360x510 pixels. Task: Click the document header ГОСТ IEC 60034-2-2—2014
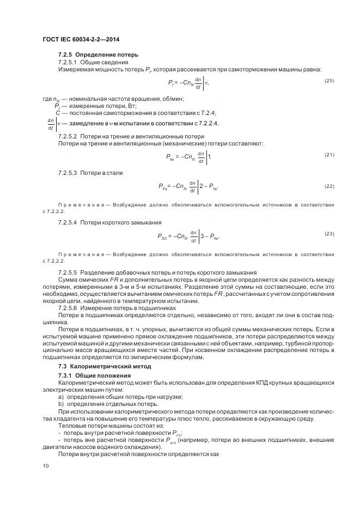click(x=81, y=39)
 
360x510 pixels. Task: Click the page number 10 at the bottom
click(x=45, y=465)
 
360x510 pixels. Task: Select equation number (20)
click(x=328, y=81)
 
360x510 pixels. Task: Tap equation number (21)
click(x=328, y=155)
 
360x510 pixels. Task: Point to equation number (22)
click(x=328, y=186)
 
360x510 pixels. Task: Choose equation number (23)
click(x=328, y=234)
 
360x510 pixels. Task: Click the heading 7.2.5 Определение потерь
click(x=98, y=54)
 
